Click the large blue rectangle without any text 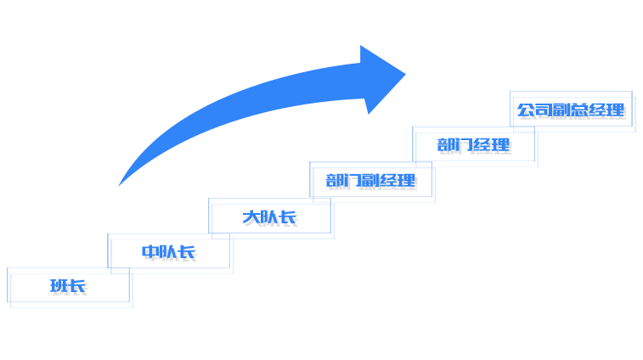tap(261, 116)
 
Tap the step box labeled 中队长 tap(170, 253)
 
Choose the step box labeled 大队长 tap(271, 218)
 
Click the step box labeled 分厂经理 tap(474, 146)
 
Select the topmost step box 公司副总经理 tap(572, 110)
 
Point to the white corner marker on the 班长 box tap(11, 270)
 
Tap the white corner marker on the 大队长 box tap(213, 200)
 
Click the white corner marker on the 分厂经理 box tap(416, 129)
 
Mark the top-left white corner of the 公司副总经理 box tap(514, 93)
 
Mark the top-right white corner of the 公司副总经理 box tap(629, 93)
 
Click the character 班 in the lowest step tap(61, 289)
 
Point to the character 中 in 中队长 tap(151, 254)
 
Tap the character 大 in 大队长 tap(252, 220)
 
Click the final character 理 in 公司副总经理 tap(618, 112)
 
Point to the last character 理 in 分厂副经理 tap(409, 183)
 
